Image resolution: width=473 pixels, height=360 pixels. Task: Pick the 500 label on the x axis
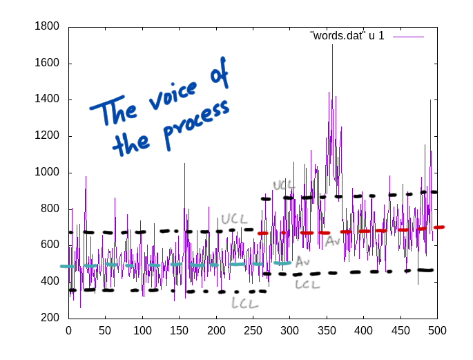point(437,331)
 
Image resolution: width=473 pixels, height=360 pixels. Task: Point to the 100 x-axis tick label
point(142,331)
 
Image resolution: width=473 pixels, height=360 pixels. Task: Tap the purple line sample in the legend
point(408,36)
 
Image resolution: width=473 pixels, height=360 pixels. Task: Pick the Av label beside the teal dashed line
point(302,263)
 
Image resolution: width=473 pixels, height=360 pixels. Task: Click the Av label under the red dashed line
point(333,241)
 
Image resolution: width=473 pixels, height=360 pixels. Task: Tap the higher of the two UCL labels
point(284,185)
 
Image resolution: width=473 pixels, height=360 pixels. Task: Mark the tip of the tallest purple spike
point(332,45)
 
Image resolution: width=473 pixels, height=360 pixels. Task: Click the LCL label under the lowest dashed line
point(245,303)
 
